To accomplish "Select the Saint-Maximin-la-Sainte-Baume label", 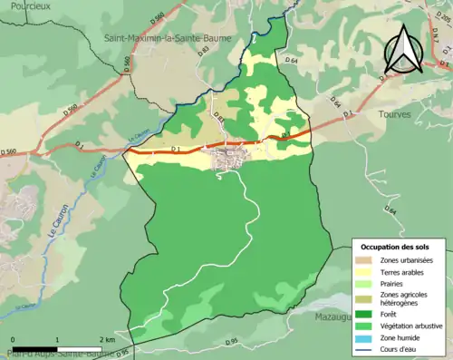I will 169,38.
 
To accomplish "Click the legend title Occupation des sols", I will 396,247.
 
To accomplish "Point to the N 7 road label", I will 443,63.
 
